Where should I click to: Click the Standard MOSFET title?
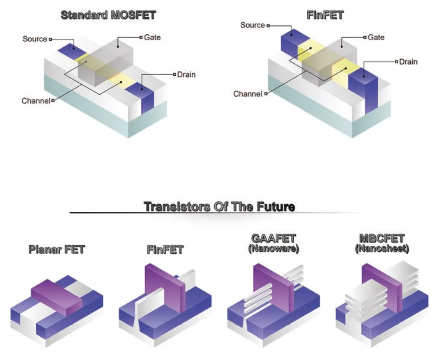pos(108,15)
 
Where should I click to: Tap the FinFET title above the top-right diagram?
pos(325,15)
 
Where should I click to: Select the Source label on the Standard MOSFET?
pos(35,39)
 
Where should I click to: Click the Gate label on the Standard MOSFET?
pos(152,37)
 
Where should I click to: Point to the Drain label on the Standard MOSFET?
pos(186,74)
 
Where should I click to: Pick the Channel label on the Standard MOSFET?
pos(36,100)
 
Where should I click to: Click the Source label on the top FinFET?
pos(252,25)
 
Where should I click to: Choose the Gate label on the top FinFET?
pos(376,37)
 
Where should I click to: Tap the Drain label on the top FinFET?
pos(408,61)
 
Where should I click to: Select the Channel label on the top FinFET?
pos(248,94)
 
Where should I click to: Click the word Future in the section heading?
pos(276,207)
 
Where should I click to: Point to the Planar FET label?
pos(57,249)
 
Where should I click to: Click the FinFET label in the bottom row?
pos(165,249)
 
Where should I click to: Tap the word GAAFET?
pos(274,238)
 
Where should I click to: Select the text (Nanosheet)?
pos(382,249)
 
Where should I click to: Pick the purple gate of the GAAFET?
pos(274,288)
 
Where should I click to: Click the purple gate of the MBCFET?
pos(382,288)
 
